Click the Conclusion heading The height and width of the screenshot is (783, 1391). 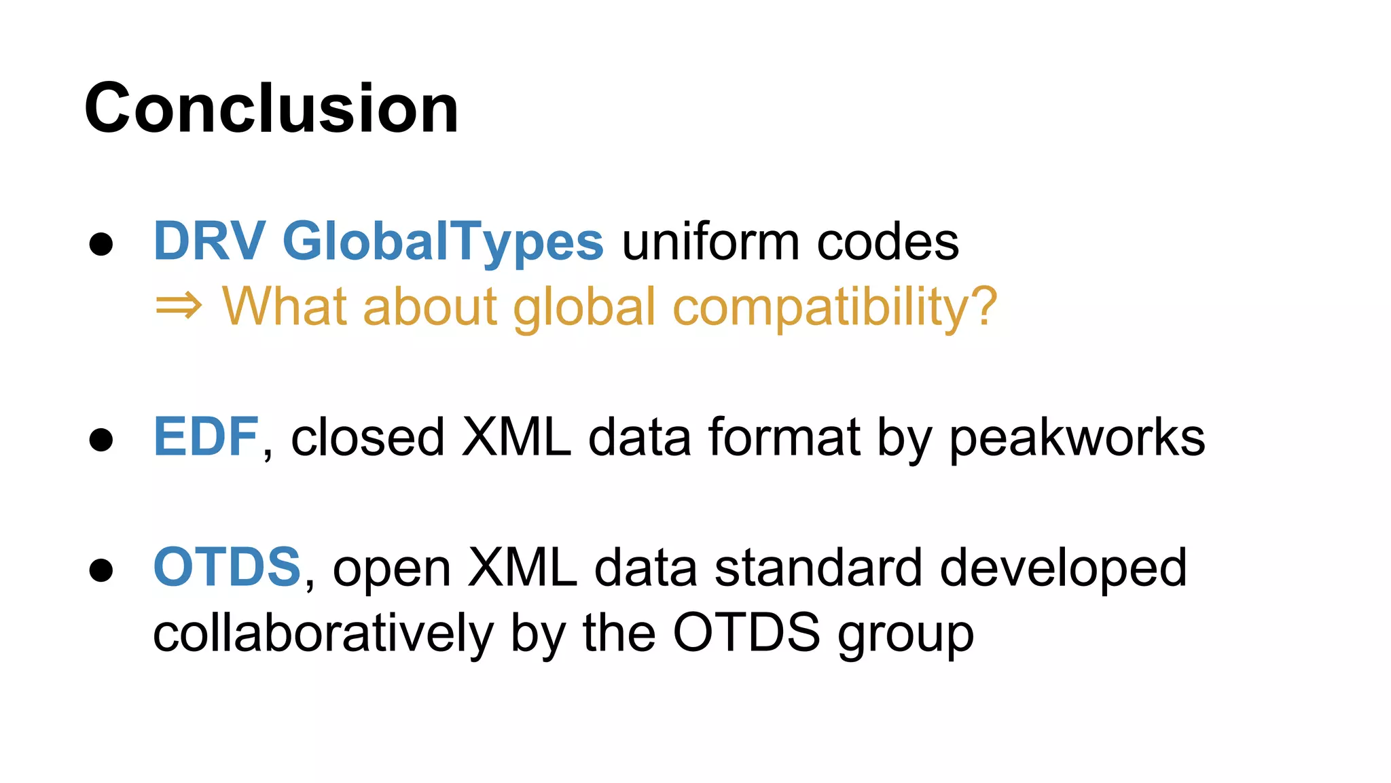pyautogui.click(x=272, y=109)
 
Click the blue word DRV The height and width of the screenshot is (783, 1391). pyautogui.click(x=209, y=241)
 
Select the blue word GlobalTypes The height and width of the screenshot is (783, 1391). pyautogui.click(x=443, y=243)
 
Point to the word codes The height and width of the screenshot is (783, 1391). pyautogui.click(x=888, y=243)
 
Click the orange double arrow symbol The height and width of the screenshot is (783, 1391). pyautogui.click(x=179, y=307)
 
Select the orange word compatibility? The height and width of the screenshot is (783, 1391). pyautogui.click(x=835, y=308)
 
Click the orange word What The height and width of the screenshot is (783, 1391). pyautogui.click(x=286, y=307)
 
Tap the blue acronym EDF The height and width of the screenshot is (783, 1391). pyautogui.click(x=206, y=437)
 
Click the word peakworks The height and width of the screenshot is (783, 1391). pyautogui.click(x=1077, y=438)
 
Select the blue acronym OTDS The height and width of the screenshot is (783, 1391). pyautogui.click(x=227, y=568)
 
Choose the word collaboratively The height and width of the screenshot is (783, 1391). pyautogui.click(x=323, y=633)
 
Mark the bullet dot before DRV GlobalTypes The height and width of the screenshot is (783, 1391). pyautogui.click(x=101, y=244)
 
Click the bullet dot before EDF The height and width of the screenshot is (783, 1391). pyautogui.click(x=101, y=440)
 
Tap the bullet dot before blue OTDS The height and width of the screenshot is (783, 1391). pyautogui.click(x=101, y=570)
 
